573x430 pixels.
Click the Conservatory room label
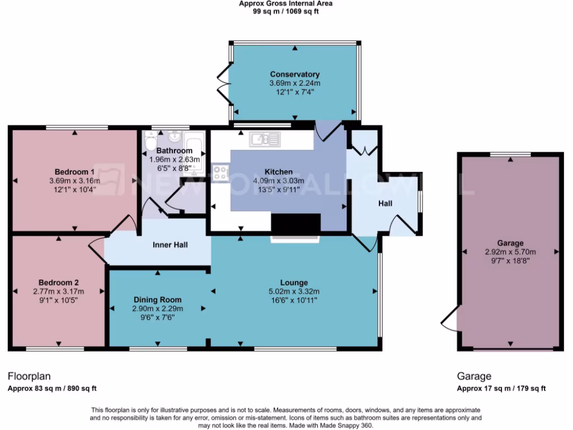pos(294,74)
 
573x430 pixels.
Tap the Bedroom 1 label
pos(74,171)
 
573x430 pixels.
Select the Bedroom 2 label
pos(58,282)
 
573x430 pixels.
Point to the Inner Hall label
pos(170,245)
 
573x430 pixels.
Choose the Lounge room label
pos(294,282)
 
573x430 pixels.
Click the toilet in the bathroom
pos(149,143)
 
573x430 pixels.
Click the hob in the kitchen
pos(220,173)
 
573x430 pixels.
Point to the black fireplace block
pos(295,224)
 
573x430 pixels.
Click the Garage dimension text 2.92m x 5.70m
pos(510,252)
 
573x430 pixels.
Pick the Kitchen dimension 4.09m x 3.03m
pos(278,180)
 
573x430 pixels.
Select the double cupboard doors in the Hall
pos(364,150)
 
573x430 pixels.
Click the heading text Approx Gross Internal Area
pos(286,3)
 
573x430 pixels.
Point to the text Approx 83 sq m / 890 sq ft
pos(48,389)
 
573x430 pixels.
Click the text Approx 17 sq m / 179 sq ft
pos(501,389)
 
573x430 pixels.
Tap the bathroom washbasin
pos(173,136)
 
